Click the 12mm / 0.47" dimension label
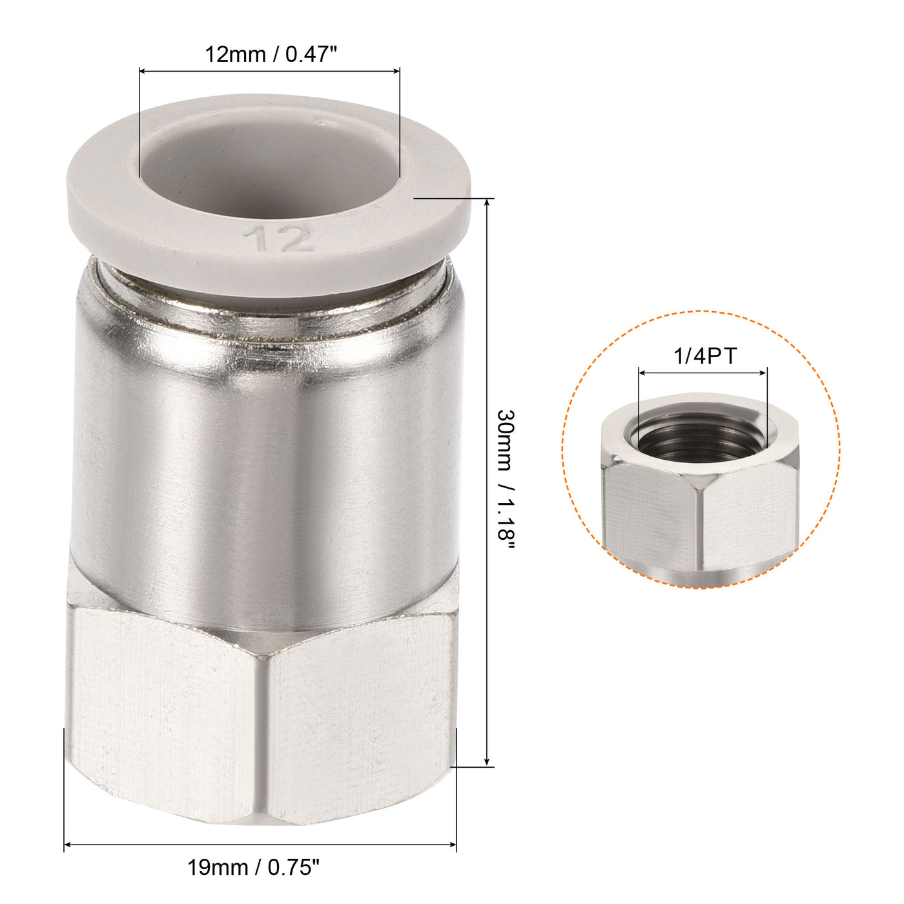tap(271, 54)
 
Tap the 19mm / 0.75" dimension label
tap(254, 867)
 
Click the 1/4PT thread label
tap(705, 356)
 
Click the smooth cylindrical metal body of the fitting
tap(268, 465)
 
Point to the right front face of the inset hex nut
tap(749, 517)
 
